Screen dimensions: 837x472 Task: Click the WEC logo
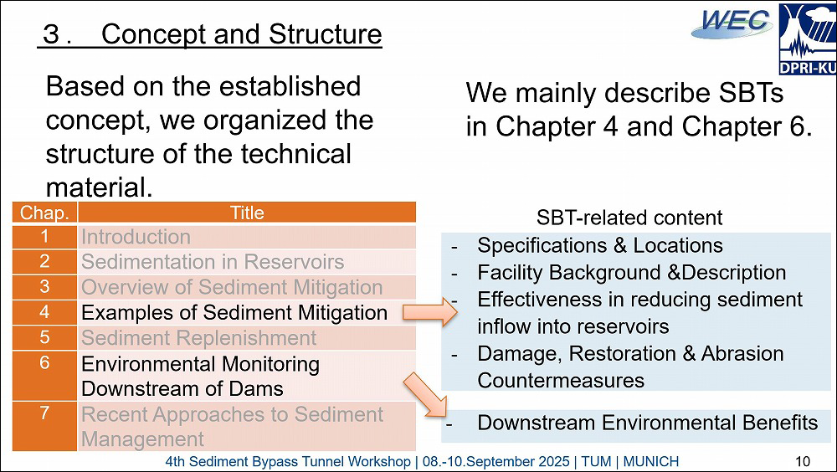pos(732,24)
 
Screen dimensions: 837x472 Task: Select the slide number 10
pos(803,461)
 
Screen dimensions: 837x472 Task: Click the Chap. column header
pos(45,213)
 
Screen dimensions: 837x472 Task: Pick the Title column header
pos(247,213)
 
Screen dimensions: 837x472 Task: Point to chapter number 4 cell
pos(45,312)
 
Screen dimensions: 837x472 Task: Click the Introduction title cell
pos(247,237)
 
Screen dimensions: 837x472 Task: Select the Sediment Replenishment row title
pos(247,338)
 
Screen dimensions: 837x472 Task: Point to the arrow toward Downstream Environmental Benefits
pos(425,394)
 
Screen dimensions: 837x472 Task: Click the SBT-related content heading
pos(629,218)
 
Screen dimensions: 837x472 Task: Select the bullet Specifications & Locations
pos(600,245)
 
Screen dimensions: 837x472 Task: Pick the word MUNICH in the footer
pos(650,461)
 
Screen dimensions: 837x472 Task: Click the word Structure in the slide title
pos(325,34)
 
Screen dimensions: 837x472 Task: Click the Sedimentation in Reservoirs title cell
pos(247,262)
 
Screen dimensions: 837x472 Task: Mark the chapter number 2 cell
pos(45,262)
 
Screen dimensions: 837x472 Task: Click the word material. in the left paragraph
pos(100,187)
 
